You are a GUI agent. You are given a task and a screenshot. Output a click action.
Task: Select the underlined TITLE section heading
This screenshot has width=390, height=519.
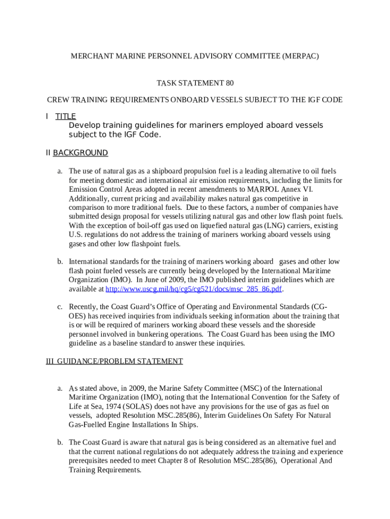tap(65, 117)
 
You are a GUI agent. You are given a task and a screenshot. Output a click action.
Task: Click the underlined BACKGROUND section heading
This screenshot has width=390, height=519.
tap(80, 153)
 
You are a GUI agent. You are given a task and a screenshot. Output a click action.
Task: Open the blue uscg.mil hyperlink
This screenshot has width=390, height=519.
tap(193, 289)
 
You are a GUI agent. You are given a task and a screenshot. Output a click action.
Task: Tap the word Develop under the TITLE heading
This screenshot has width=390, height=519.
tap(85, 125)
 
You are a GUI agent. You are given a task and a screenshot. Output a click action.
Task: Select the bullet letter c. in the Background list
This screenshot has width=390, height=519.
tap(59, 307)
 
